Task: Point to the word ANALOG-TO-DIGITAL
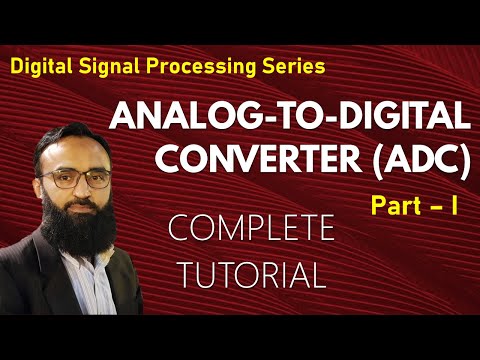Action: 289,119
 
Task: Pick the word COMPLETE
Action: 251,230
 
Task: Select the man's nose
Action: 80,190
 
